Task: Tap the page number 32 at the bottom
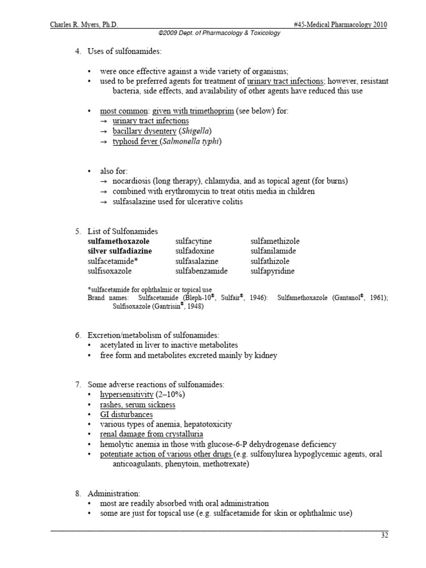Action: tap(383, 535)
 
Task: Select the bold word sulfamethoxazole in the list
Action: tap(118, 241)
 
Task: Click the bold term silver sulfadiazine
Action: tap(120, 251)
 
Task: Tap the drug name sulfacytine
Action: tap(194, 241)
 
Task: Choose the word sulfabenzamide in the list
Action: tap(201, 271)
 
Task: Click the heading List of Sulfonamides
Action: tap(123, 231)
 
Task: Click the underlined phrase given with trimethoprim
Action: tap(192, 111)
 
